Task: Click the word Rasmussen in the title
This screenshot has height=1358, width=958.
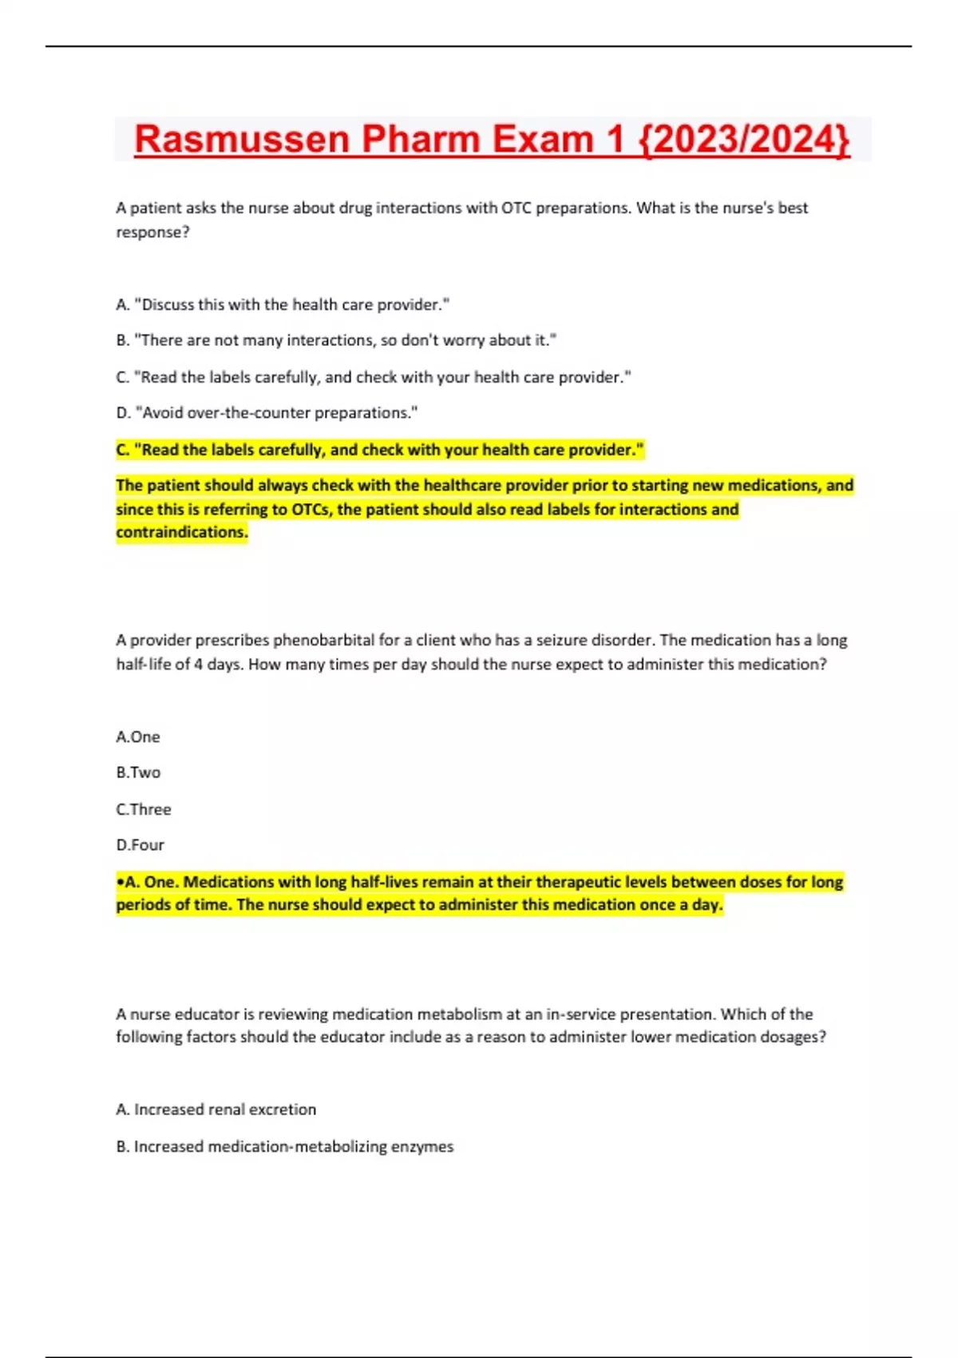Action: [242, 140]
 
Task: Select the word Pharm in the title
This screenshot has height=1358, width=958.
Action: [421, 140]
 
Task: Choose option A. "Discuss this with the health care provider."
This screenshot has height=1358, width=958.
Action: [283, 304]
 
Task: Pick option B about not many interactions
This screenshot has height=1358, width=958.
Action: [336, 340]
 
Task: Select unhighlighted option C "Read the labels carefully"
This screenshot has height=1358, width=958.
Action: [374, 377]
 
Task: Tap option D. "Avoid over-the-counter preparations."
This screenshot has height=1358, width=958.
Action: [267, 413]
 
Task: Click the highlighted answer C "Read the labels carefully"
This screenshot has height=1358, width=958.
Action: [380, 450]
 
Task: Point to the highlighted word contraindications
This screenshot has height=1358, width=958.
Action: [182, 532]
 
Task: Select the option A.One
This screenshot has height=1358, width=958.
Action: [138, 737]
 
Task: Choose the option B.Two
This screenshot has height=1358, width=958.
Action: [138, 772]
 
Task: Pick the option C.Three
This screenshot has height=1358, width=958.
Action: [144, 809]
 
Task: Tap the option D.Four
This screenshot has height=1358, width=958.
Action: [140, 845]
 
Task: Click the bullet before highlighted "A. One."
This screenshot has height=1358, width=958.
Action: [120, 883]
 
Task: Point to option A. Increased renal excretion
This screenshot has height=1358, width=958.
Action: [216, 1110]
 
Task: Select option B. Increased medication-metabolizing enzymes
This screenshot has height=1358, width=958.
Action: [285, 1146]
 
